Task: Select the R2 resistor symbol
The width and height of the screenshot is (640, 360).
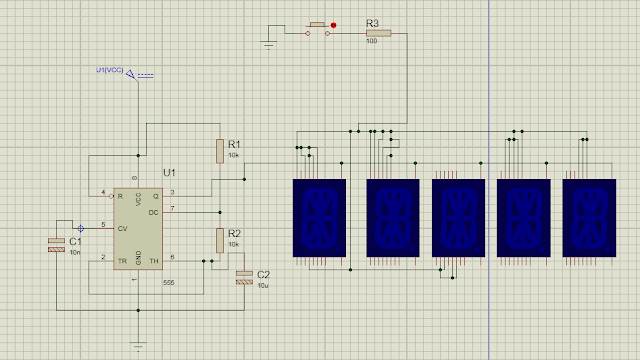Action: click(x=219, y=239)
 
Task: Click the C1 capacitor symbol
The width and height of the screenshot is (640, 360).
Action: click(x=56, y=244)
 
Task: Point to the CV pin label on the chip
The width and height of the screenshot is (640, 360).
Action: click(x=122, y=228)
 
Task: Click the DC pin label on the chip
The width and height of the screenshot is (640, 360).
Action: click(x=153, y=212)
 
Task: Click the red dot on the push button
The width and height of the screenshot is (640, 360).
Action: click(x=334, y=25)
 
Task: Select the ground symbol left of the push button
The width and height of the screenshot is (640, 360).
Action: click(x=268, y=42)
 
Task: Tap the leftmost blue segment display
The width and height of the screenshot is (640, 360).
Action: click(x=318, y=217)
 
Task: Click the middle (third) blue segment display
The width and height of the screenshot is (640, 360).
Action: click(x=457, y=217)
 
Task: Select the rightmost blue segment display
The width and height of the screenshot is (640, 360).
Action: click(x=590, y=217)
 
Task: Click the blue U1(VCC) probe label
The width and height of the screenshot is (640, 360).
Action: click(x=110, y=70)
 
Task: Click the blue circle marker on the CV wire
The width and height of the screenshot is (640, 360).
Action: click(x=80, y=228)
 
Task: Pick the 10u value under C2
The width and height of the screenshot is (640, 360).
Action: click(x=263, y=285)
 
